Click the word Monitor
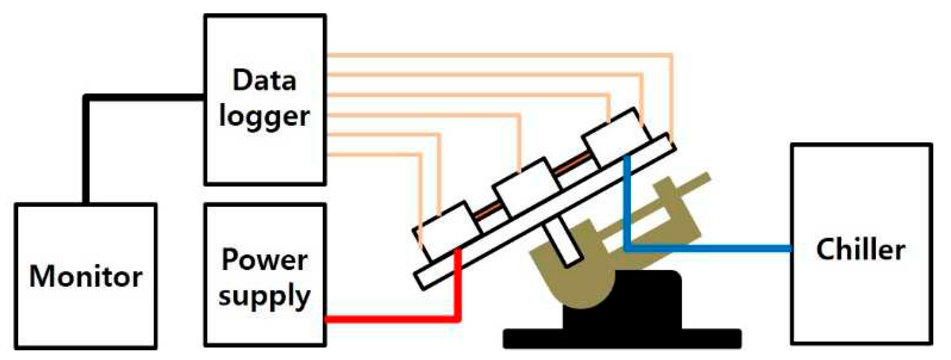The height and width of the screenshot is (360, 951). pos(86,276)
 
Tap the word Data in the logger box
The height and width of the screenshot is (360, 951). pos(264,80)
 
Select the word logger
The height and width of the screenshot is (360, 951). pos(264,117)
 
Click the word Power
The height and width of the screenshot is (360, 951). pos(264,260)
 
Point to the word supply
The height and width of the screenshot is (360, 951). pos(264,295)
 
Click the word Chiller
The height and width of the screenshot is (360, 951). pos(860,249)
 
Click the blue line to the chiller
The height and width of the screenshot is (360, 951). pos(707,249)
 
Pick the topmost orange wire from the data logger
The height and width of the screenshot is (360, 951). pos(486,55)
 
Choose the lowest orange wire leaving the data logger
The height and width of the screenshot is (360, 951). pos(376,155)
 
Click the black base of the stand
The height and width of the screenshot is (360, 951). pos(622,336)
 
